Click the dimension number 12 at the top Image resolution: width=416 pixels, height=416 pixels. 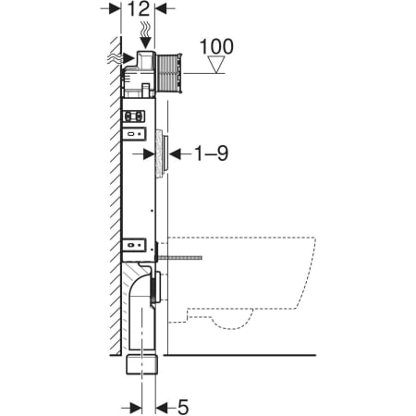coord(139,9)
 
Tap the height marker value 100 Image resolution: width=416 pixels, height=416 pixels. coord(216,47)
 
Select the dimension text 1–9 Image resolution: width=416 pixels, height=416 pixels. coord(212,153)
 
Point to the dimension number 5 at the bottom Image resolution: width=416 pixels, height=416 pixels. coord(183,407)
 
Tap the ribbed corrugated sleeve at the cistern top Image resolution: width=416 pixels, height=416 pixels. coord(169,74)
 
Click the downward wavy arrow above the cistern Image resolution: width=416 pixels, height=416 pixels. coord(145,34)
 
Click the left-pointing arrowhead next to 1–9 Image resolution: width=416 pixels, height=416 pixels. coord(176,153)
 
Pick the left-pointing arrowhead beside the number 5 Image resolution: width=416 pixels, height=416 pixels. coord(162,409)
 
